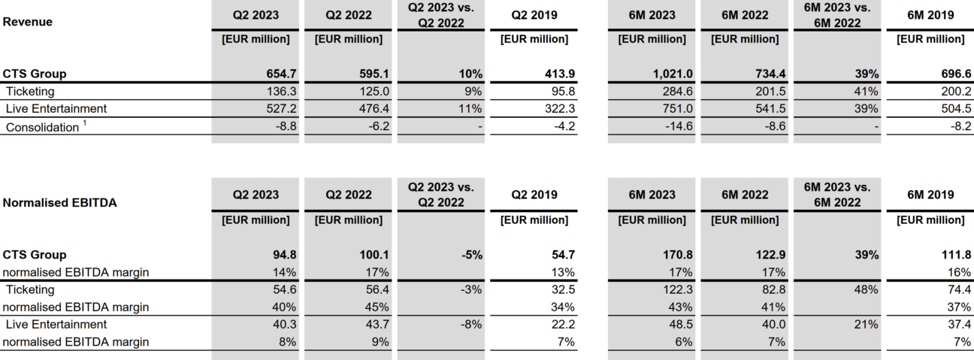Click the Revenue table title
tap(27, 22)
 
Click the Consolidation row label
tap(42, 127)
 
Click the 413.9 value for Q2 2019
tap(559, 74)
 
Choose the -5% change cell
tap(470, 254)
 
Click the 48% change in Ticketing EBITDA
tap(867, 289)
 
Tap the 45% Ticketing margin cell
tap(377, 307)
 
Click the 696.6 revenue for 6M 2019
tap(951, 74)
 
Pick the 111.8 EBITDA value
tap(953, 254)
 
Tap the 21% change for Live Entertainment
tap(867, 324)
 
